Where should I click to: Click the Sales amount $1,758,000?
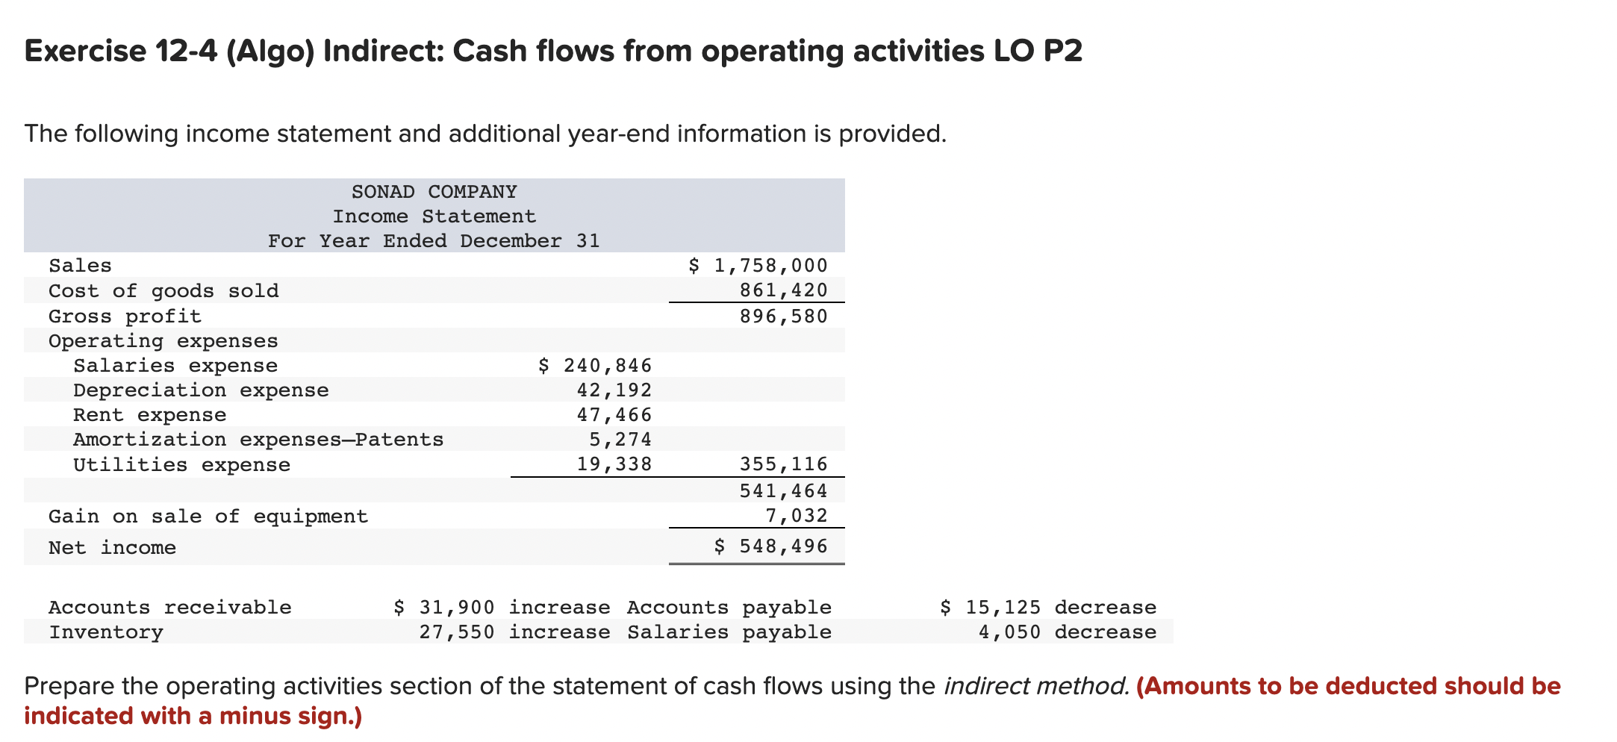click(758, 266)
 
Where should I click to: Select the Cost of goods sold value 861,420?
click(783, 290)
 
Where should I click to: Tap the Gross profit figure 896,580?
click(783, 317)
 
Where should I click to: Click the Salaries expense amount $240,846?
click(595, 366)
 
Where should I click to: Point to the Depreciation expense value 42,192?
click(614, 390)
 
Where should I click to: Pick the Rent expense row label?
click(149, 415)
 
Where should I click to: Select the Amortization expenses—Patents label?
click(258, 440)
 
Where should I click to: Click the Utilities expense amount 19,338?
click(614, 465)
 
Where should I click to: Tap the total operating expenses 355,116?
click(783, 465)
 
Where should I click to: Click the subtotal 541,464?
click(783, 491)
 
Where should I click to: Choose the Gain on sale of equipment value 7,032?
click(796, 516)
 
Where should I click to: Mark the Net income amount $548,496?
click(770, 546)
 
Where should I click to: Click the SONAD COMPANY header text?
click(434, 192)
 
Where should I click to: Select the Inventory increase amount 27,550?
click(456, 632)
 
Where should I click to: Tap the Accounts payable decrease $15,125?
click(990, 608)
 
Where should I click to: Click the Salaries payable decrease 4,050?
click(1009, 632)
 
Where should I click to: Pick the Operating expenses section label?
click(163, 341)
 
